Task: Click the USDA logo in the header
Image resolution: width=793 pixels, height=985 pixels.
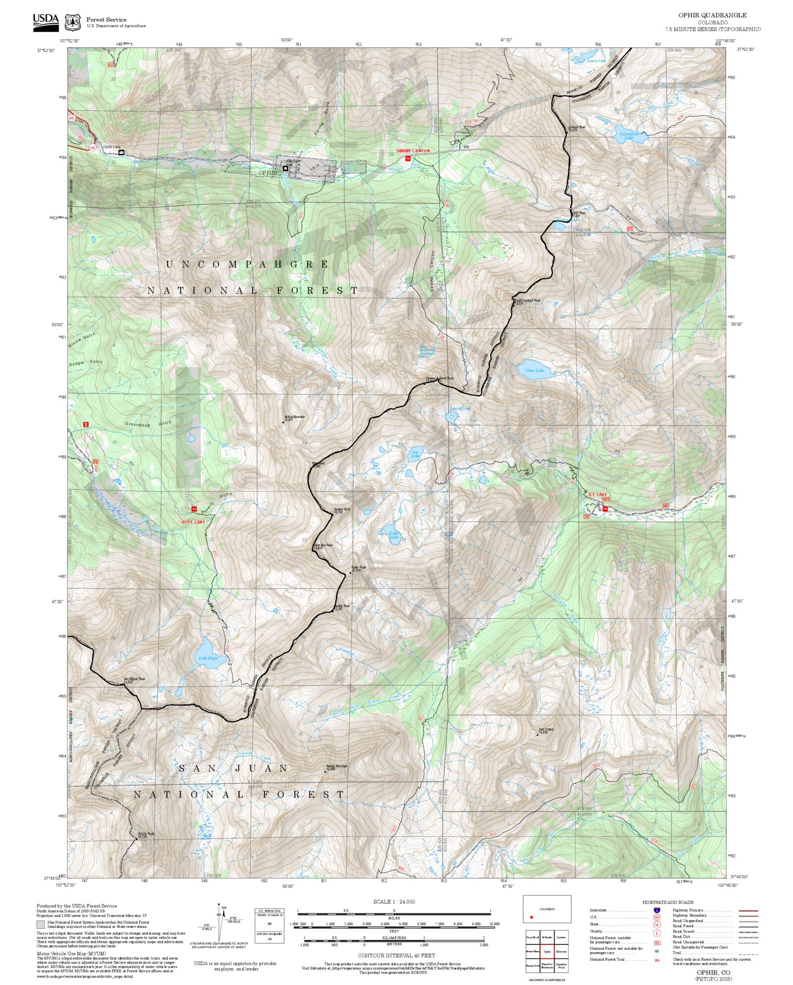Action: click(46, 22)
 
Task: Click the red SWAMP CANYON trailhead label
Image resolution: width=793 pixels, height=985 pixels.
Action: click(413, 151)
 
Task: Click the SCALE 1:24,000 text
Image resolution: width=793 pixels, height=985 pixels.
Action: click(394, 902)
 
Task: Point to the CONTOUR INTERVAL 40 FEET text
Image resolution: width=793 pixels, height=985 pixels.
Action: click(396, 955)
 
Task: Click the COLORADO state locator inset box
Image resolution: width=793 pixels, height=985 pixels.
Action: click(547, 909)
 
